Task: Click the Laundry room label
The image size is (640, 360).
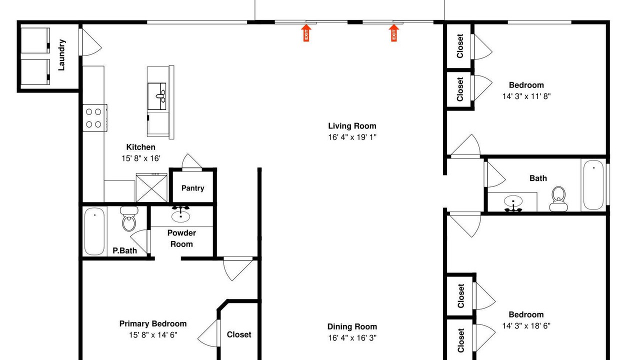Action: pos(61,55)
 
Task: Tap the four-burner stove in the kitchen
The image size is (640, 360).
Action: pos(95,117)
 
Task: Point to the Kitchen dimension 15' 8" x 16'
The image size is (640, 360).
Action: pos(141,158)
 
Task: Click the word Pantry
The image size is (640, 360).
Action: pos(193,188)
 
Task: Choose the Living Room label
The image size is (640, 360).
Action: pos(352,126)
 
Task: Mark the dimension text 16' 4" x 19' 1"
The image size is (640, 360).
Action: pos(352,137)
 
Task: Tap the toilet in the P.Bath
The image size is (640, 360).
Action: pos(129,219)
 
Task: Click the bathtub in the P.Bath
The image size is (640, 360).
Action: pos(94,231)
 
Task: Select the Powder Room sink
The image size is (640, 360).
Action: pos(180,215)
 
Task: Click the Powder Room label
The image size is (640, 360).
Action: pos(181,238)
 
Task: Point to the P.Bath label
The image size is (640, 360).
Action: pos(124,250)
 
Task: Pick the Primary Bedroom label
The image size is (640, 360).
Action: pos(153,323)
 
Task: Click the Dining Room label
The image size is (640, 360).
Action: pos(352,326)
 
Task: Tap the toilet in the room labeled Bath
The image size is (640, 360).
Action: pos(558,199)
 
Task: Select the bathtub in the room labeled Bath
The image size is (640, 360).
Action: pos(593,184)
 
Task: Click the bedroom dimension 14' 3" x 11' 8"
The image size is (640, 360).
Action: pos(526,96)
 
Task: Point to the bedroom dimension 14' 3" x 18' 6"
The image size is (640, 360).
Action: pos(526,325)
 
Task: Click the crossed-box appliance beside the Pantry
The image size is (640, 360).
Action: pos(151,187)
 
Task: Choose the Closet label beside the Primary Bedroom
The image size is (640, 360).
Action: pos(239,334)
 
